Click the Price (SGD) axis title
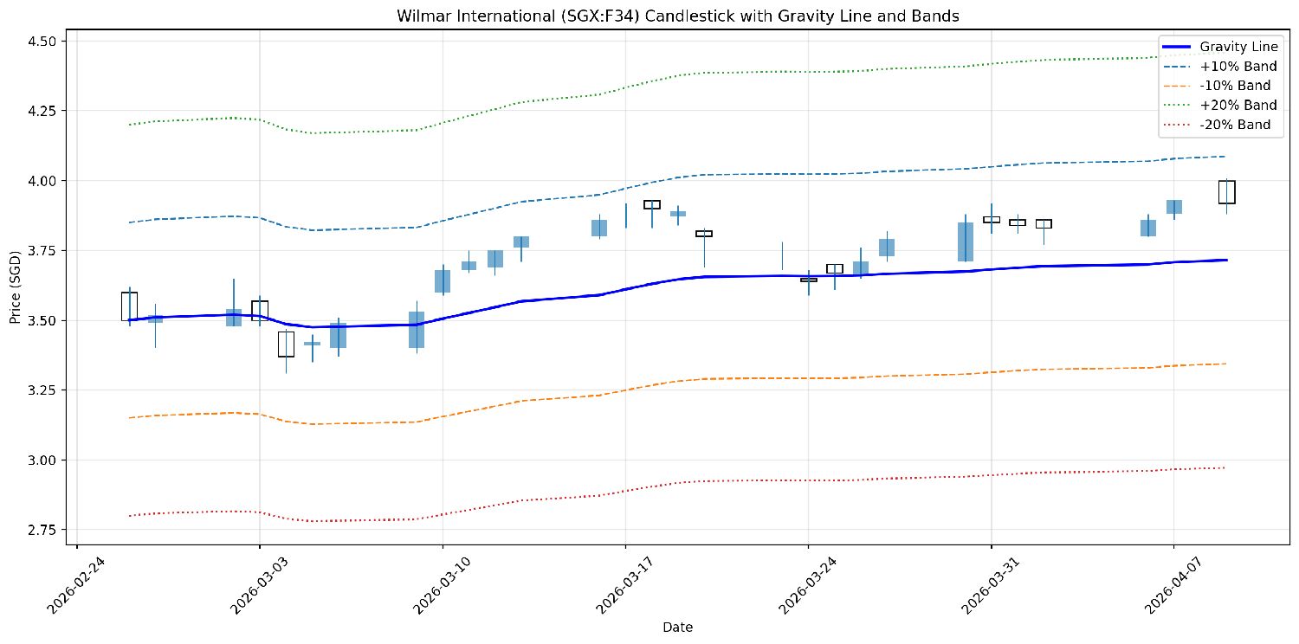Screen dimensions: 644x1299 pyautogui.click(x=15, y=287)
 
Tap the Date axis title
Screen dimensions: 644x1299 pyautogui.click(x=677, y=627)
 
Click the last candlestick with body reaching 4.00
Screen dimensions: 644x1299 pyautogui.click(x=1226, y=191)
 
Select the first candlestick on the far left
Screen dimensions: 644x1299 pyautogui.click(x=129, y=306)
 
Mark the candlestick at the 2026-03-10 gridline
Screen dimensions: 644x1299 pyautogui.click(x=443, y=281)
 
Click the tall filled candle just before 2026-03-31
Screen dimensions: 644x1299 pyautogui.click(x=966, y=241)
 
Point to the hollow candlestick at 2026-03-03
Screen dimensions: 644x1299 pyautogui.click(x=260, y=311)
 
